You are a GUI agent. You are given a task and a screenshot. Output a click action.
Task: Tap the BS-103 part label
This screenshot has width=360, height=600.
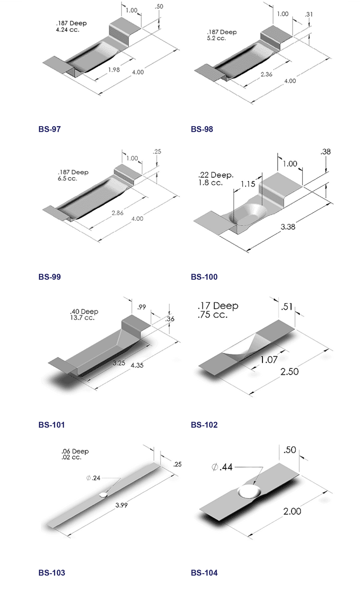[52, 573]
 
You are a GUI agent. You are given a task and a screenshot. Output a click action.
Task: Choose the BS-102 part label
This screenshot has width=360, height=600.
[204, 425]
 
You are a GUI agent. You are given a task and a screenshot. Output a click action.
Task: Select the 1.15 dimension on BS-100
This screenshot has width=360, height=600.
[248, 184]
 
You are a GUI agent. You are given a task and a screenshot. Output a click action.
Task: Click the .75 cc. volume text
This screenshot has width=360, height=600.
[213, 315]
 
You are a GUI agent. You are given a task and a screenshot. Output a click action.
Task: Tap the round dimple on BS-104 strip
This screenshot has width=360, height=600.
[250, 491]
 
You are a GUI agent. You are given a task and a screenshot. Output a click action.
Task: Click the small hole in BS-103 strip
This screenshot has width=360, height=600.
[104, 495]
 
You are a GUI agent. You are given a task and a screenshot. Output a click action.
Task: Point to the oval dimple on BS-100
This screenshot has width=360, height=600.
[247, 216]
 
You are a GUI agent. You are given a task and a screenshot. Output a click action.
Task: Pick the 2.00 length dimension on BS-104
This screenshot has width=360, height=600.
[292, 511]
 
